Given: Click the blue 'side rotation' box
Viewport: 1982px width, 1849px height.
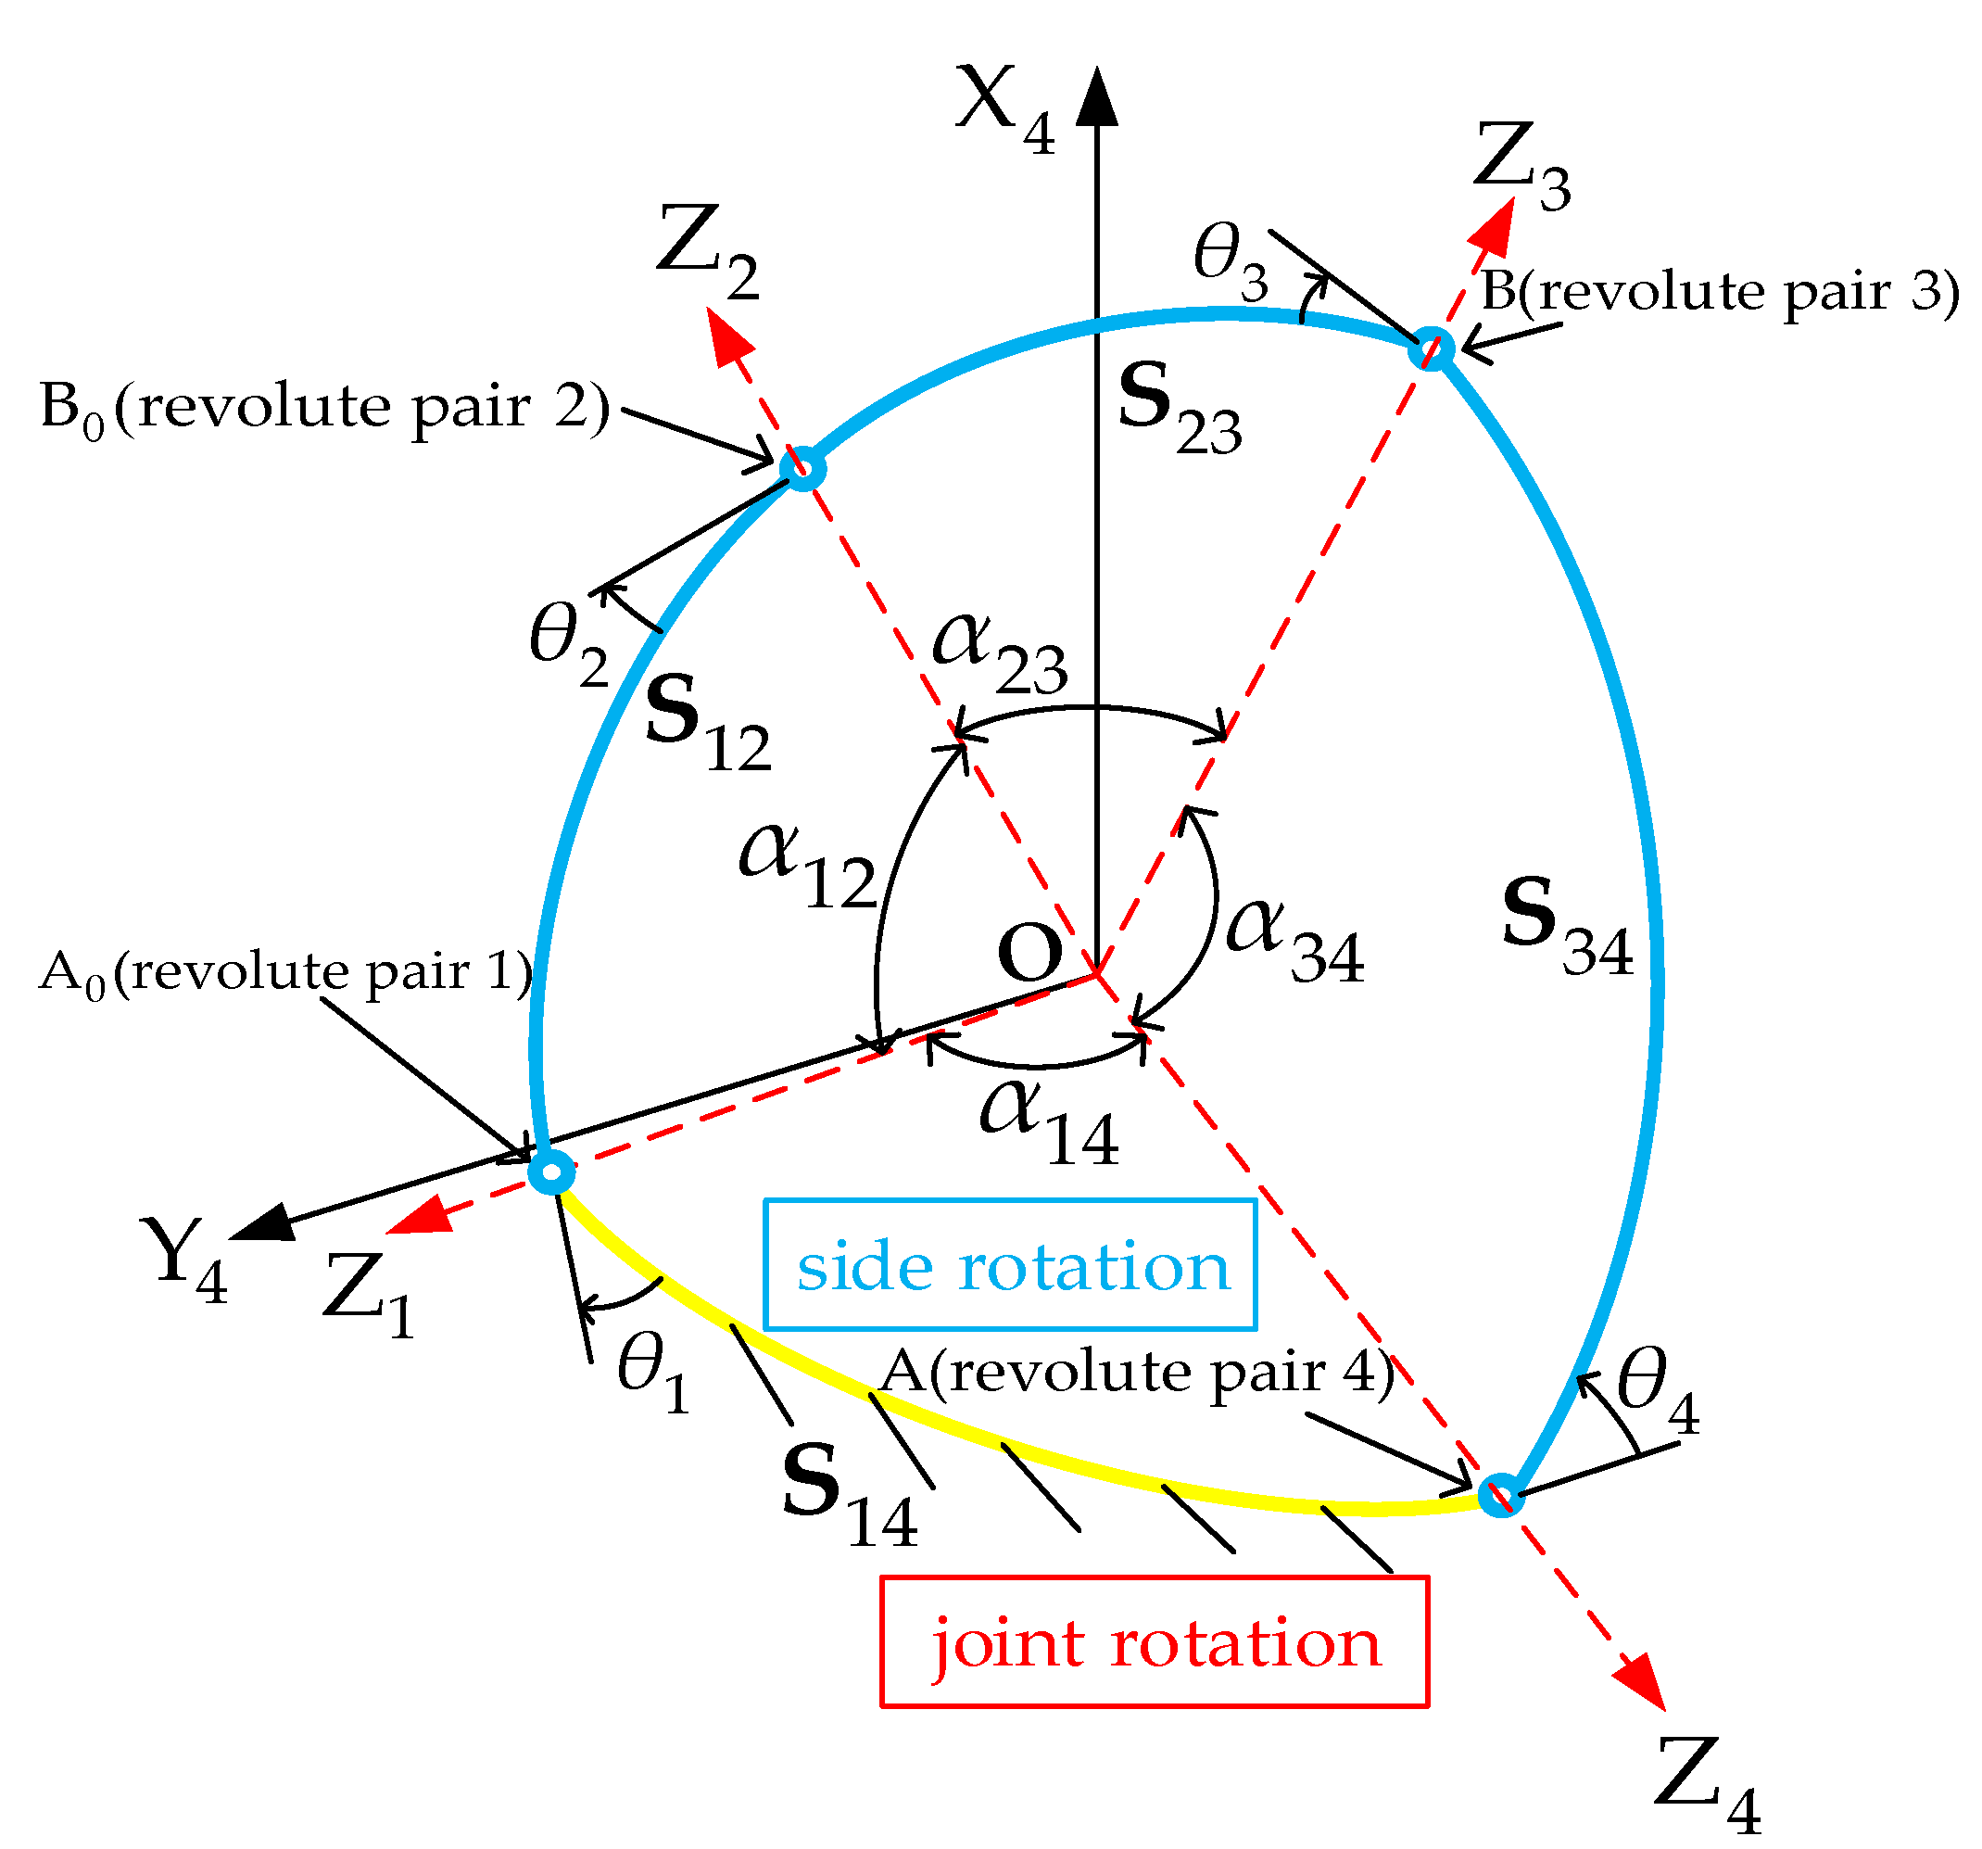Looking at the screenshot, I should point(1009,1264).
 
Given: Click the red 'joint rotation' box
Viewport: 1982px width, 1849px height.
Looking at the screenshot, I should point(1155,1642).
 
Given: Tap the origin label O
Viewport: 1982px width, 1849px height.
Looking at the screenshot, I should point(1029,953).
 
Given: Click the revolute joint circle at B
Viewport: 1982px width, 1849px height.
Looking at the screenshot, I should point(1432,349).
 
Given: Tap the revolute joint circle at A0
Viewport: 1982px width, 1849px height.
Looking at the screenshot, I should point(551,1171).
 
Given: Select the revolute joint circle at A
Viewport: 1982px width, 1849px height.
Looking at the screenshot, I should point(1499,1495).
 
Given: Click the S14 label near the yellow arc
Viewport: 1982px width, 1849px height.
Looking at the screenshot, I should point(849,1497).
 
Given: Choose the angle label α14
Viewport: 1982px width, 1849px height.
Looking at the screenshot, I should point(1048,1122).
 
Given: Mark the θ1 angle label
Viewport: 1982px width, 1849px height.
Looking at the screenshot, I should point(653,1375).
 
